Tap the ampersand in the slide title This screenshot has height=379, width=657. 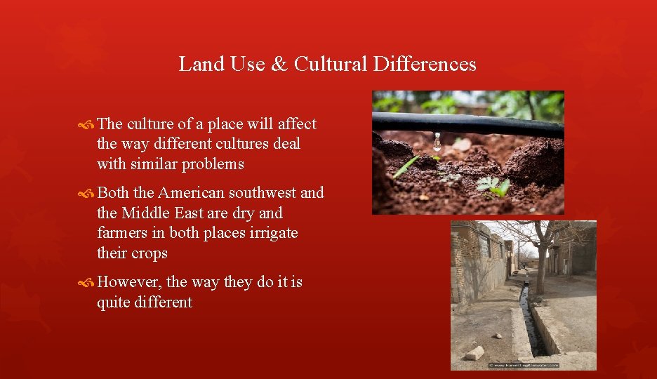click(279, 64)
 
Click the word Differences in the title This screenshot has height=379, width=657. click(425, 64)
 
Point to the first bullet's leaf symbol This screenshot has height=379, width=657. click(87, 125)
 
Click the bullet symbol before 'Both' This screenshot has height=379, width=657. click(87, 194)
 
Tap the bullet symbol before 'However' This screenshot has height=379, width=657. click(87, 283)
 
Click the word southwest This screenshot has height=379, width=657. click(263, 192)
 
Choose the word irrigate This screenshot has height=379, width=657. click(271, 232)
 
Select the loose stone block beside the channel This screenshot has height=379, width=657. click(475, 352)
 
